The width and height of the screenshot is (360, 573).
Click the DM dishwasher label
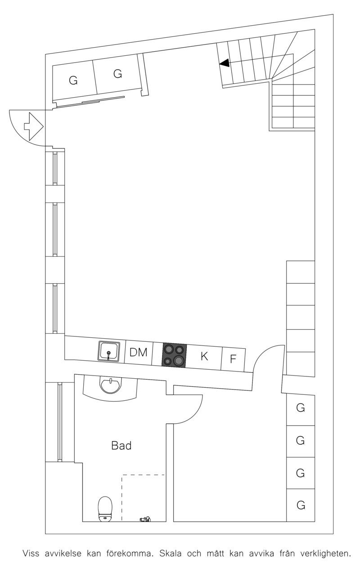tap(139, 352)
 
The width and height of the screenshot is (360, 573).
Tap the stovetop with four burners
tap(174, 355)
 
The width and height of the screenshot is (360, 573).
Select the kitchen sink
tap(109, 351)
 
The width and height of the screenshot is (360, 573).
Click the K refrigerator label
tap(204, 356)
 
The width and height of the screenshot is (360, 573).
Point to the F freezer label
tap(233, 359)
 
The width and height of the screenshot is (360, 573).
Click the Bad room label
tap(121, 445)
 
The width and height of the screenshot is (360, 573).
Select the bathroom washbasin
tap(111, 386)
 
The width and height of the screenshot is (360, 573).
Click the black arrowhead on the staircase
tap(225, 63)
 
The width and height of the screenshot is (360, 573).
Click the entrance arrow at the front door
tap(33, 126)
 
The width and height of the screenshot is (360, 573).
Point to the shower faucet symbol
tap(145, 519)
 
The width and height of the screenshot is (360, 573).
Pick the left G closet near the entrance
tap(73, 81)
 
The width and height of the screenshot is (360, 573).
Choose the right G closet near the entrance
tap(117, 74)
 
